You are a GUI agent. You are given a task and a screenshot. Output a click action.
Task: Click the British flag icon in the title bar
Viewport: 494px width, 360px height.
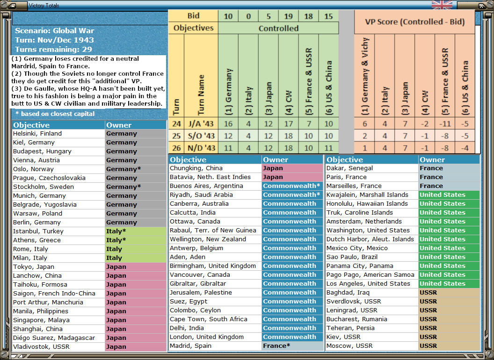tap(442, 5)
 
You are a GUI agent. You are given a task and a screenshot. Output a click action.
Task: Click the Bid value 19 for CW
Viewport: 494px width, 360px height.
tap(288, 16)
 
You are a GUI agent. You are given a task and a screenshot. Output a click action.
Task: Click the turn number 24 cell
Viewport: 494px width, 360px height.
tap(176, 123)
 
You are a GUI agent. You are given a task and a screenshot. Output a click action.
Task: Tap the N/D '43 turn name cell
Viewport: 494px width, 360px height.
tap(201, 148)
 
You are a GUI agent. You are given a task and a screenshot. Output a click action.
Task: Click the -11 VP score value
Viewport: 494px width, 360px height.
tap(444, 123)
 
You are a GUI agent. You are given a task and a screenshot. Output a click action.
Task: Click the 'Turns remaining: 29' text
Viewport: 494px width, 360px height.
tap(53, 50)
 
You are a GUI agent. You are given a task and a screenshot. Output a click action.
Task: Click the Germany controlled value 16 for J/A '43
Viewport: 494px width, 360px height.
tap(228, 123)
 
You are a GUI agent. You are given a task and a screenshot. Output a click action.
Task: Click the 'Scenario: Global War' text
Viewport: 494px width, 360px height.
tap(54, 31)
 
